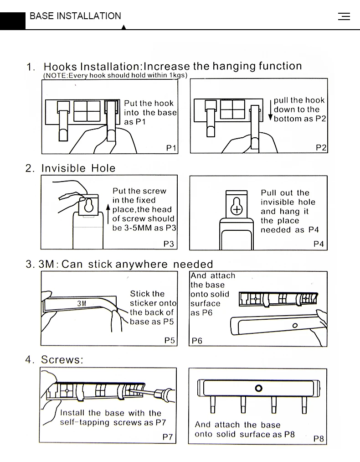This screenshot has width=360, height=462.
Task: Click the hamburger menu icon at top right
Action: click(x=344, y=16)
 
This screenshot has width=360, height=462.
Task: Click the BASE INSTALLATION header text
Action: click(x=75, y=16)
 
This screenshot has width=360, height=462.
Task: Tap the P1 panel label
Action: click(x=171, y=148)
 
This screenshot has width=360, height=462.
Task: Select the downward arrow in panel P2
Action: click(x=270, y=109)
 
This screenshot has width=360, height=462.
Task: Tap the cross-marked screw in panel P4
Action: click(x=237, y=209)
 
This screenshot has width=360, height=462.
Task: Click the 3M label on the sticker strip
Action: click(x=82, y=303)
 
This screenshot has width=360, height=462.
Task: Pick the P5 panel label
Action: click(x=170, y=340)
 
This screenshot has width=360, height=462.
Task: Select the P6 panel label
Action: click(x=197, y=340)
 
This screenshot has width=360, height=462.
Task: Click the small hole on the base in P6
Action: click(x=295, y=326)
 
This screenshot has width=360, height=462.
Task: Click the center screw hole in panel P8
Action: click(x=259, y=388)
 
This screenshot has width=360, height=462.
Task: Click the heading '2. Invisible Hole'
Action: click(x=71, y=168)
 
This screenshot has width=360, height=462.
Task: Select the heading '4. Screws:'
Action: click(x=55, y=360)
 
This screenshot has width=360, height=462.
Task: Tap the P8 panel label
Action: click(x=319, y=439)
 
